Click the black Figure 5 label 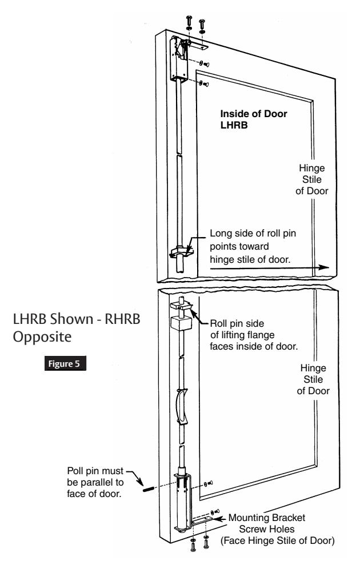[x=65, y=363]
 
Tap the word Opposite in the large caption [x=42, y=337]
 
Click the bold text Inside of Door [x=254, y=114]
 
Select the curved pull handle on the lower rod [x=182, y=406]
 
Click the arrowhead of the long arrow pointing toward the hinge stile [x=323, y=267]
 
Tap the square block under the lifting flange [x=180, y=323]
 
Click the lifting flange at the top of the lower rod [x=182, y=305]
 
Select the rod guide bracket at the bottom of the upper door [x=182, y=251]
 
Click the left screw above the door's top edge [x=189, y=22]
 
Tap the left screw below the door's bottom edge [x=193, y=544]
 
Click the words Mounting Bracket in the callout [x=267, y=518]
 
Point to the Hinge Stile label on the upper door [x=312, y=179]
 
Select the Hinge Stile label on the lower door [x=313, y=379]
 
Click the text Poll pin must [x=95, y=471]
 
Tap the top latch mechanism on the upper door [x=180, y=58]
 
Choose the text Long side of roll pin [x=253, y=233]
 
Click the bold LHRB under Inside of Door [x=234, y=125]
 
